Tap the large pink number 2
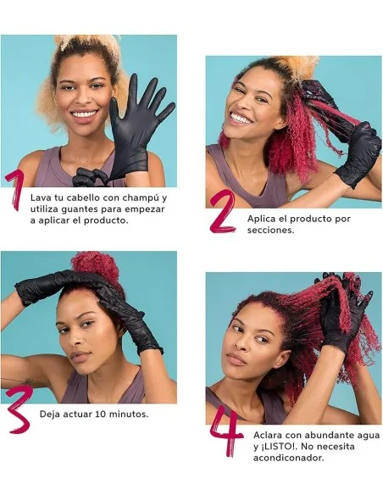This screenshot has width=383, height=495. (x=223, y=212)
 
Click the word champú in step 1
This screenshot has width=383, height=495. (x=142, y=198)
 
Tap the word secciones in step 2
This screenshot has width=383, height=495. (x=270, y=231)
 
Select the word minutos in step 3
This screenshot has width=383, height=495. (x=129, y=414)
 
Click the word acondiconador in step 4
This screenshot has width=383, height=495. (x=289, y=458)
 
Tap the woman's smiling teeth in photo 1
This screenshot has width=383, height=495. (x=84, y=114)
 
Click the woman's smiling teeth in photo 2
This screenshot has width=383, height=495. (x=241, y=119)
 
